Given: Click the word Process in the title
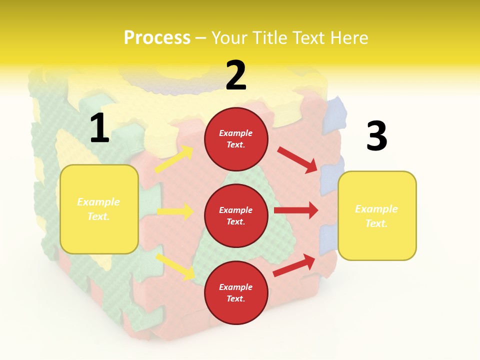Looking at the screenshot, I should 157,37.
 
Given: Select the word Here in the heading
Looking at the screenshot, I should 348,37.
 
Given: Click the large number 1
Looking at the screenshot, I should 99,128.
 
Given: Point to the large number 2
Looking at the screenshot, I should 236,75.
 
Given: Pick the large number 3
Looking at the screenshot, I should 376,136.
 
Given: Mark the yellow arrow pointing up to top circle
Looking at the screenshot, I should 174,159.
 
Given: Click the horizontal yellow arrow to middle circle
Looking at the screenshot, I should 175,211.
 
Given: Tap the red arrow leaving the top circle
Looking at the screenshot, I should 297,159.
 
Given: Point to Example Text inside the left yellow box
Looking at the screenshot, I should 98,209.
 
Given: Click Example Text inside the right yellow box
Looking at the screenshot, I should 376,216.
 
